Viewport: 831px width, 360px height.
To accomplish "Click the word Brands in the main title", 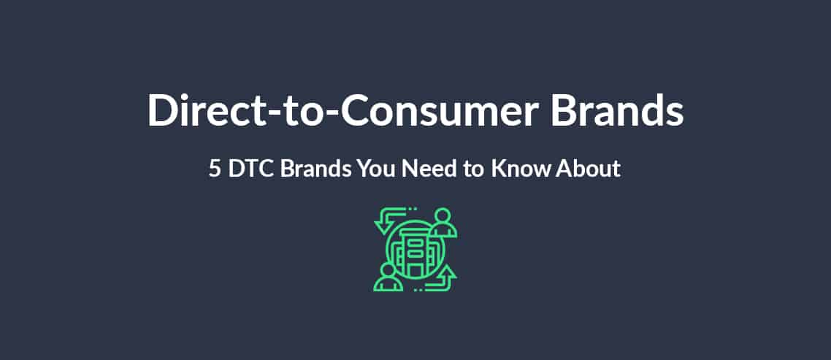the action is click(x=617, y=110).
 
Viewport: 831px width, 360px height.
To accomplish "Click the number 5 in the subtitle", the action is click(x=215, y=169).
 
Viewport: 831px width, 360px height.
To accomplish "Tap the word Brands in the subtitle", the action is click(x=316, y=169).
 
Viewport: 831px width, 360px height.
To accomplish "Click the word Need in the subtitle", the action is click(x=427, y=169).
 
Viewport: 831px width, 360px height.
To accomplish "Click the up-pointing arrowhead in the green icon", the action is click(x=448, y=272).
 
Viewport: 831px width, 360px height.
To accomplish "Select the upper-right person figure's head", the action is click(x=443, y=216).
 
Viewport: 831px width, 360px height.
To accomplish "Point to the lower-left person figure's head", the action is click(x=388, y=271).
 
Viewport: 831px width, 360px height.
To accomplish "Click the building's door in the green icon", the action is click(x=415, y=270).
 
